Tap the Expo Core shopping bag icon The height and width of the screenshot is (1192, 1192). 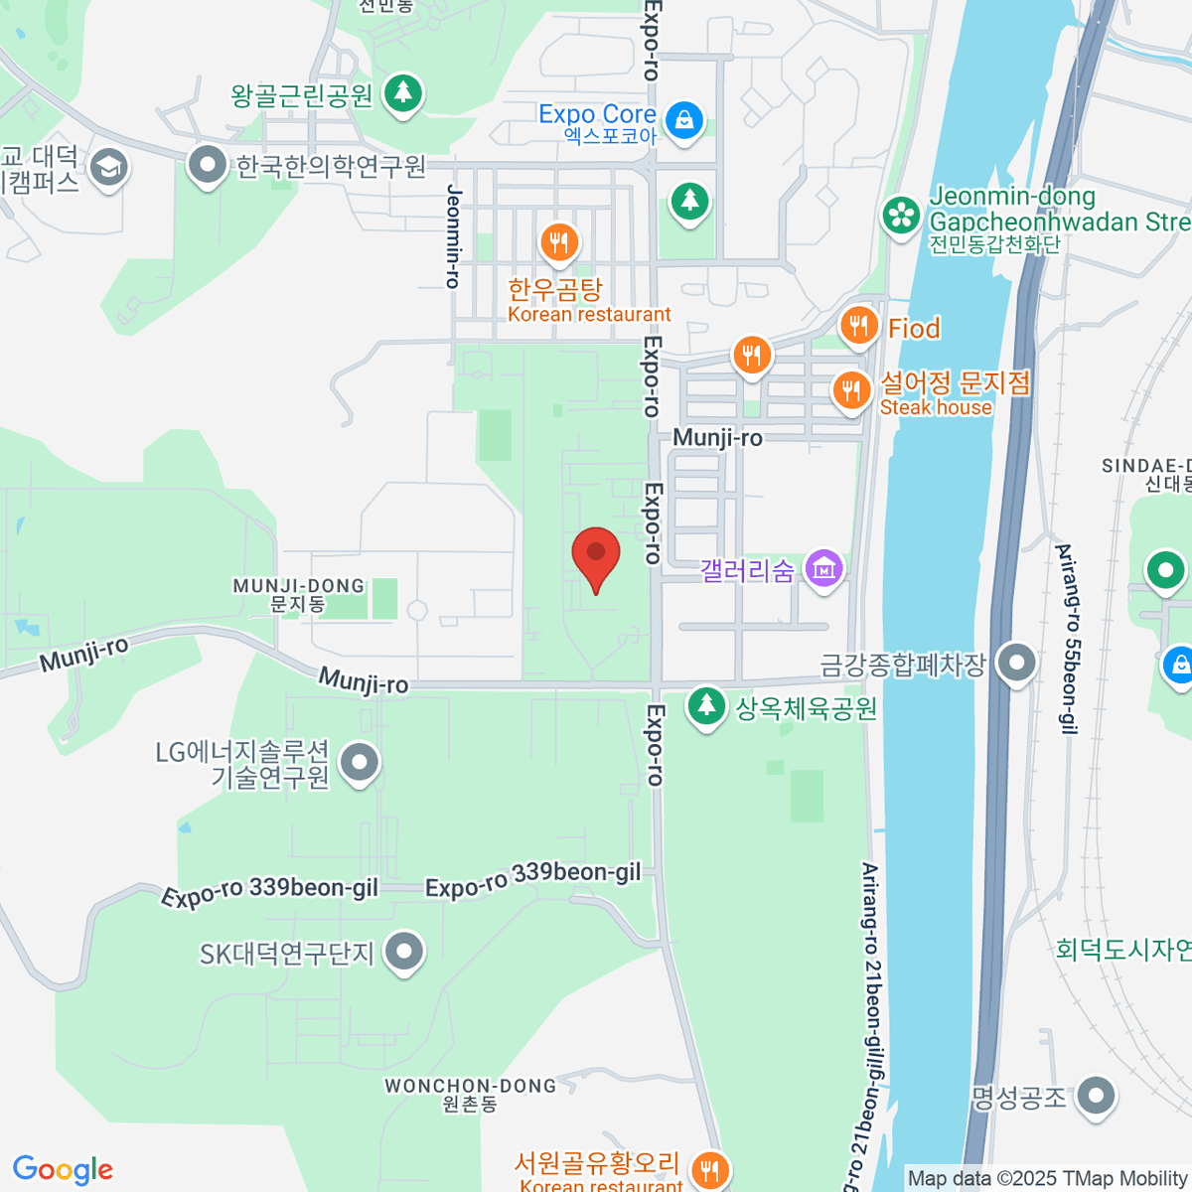(x=683, y=121)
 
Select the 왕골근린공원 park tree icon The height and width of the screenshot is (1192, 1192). (x=402, y=93)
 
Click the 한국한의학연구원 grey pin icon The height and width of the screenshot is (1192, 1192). (x=208, y=165)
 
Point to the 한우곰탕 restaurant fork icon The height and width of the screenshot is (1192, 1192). (x=559, y=241)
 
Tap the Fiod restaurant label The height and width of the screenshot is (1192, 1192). (x=913, y=328)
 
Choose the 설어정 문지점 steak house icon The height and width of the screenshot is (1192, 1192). (x=850, y=390)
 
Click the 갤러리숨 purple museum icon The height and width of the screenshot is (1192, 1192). (x=823, y=570)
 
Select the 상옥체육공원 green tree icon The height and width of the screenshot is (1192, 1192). (x=706, y=706)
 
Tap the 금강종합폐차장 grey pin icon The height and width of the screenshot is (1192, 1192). (x=1016, y=663)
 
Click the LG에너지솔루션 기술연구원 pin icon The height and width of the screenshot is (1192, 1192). (x=360, y=763)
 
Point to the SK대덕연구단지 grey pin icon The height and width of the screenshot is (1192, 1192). (x=403, y=952)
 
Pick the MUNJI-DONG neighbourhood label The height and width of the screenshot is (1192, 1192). (x=299, y=594)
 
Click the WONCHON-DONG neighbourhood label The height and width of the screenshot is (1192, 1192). (x=471, y=1094)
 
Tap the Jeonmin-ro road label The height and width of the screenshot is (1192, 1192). (x=454, y=236)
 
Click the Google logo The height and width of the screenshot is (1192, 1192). (x=63, y=1170)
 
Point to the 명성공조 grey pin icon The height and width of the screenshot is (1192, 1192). (x=1096, y=1097)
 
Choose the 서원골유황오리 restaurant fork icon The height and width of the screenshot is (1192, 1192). (x=708, y=1170)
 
